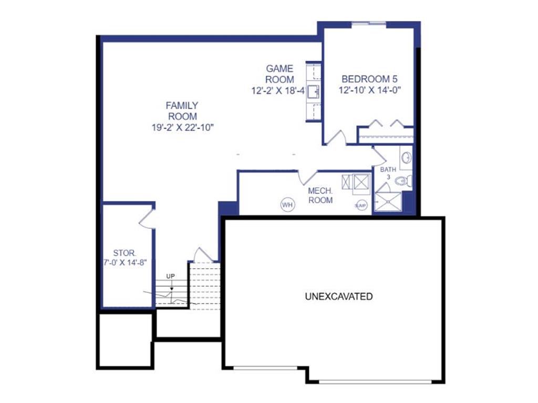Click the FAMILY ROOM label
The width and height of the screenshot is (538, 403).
(182, 111)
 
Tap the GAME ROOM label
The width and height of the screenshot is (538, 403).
(280, 74)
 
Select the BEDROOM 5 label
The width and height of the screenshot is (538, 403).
(369, 79)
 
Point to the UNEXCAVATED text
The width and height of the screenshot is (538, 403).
(339, 296)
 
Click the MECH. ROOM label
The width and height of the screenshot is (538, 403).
(320, 195)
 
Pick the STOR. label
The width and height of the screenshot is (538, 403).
(125, 253)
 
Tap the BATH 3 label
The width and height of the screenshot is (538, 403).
(388, 173)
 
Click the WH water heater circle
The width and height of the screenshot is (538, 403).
(287, 205)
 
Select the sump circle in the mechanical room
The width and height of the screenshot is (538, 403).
(361, 205)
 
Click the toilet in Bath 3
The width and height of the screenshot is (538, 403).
(403, 181)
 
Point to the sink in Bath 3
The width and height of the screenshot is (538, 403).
(407, 157)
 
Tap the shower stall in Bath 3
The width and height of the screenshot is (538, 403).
(387, 202)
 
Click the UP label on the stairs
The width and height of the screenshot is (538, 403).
(171, 276)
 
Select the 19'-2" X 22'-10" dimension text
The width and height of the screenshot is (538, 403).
(182, 128)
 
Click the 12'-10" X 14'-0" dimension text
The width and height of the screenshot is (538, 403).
(370, 90)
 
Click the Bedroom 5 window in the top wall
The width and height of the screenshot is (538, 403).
(369, 24)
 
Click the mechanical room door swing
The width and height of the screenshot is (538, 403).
(308, 177)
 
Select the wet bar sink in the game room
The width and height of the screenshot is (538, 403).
(313, 92)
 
